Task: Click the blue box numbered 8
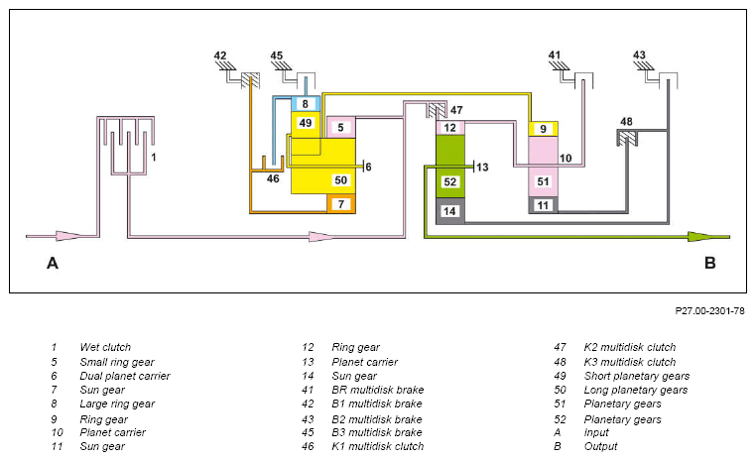[306, 103]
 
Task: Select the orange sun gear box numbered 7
[341, 204]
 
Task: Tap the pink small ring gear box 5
[341, 127]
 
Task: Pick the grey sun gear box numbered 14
[449, 211]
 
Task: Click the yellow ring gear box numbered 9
[544, 129]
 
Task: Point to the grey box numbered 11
[544, 205]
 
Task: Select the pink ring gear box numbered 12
[449, 128]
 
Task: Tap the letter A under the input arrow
[53, 263]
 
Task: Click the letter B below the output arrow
[709, 263]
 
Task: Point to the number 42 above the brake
[220, 56]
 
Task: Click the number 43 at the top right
[639, 55]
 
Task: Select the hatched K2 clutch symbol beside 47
[437, 110]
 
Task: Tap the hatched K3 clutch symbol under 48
[627, 139]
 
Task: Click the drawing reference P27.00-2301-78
[709, 310]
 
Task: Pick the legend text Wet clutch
[105, 347]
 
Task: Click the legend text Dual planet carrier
[125, 376]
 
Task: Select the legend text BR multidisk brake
[378, 390]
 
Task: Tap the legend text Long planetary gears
[636, 390]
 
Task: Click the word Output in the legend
[600, 446]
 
